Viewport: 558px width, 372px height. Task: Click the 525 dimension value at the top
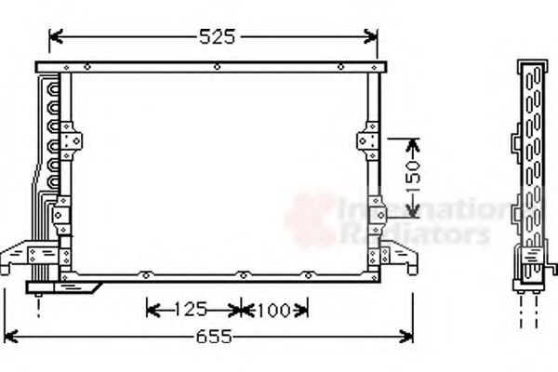click(x=217, y=37)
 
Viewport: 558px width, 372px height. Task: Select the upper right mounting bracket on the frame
click(x=367, y=141)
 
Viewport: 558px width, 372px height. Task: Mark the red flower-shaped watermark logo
click(x=309, y=219)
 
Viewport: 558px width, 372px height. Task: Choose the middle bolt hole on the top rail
click(x=216, y=67)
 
